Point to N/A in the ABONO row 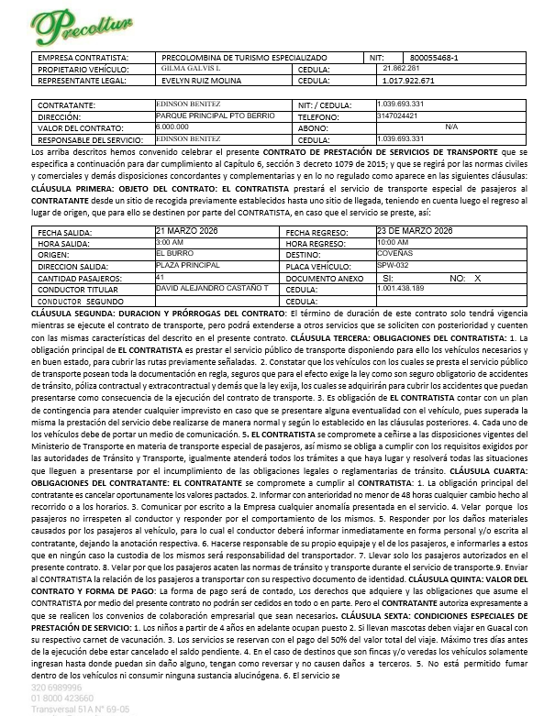pos(450,127)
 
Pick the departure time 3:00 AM pos(170,243)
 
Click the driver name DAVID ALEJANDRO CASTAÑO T pos(212,288)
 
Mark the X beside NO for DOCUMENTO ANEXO pos(477,277)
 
